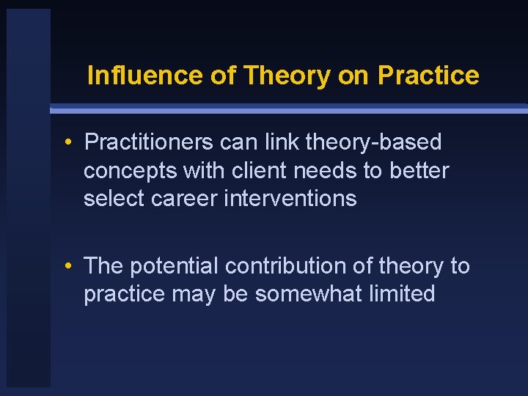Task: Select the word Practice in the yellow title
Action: (428, 76)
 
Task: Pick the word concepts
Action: (131, 170)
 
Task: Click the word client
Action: (254, 170)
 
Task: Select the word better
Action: (419, 170)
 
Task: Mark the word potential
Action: (174, 266)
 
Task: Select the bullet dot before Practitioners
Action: (67, 142)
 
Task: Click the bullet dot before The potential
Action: (67, 267)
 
